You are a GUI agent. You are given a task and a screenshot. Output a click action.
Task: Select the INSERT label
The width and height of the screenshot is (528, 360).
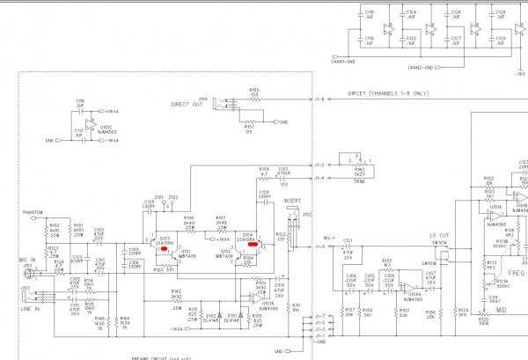click(292, 202)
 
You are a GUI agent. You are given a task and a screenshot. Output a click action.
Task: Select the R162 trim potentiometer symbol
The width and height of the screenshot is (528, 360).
click(356, 164)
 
